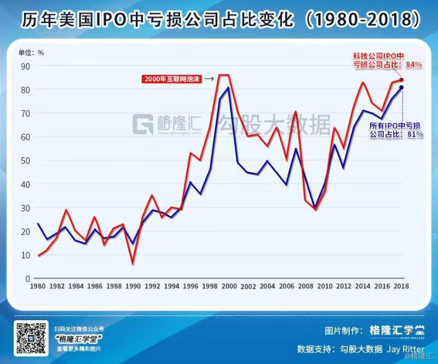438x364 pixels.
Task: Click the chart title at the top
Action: pos(219,19)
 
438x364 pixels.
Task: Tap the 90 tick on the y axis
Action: pos(25,66)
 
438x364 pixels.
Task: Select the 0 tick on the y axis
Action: pos(27,279)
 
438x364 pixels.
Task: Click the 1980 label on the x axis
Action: pos(38,286)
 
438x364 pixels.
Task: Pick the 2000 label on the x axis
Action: pos(229,286)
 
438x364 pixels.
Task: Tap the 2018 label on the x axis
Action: pos(401,286)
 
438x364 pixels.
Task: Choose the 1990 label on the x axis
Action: pos(133,286)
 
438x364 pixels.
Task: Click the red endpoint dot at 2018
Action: pos(401,80)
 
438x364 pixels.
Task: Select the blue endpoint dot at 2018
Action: pos(401,87)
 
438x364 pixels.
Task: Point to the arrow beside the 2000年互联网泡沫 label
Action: pos(209,79)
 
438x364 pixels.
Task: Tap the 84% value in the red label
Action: pos(413,65)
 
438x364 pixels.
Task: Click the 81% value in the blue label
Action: pos(414,134)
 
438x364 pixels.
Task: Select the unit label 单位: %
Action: pos(31,53)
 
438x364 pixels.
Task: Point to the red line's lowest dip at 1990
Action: pos(133,264)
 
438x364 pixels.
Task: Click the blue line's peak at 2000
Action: pos(228,88)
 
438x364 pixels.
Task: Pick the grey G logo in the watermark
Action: pos(143,125)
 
